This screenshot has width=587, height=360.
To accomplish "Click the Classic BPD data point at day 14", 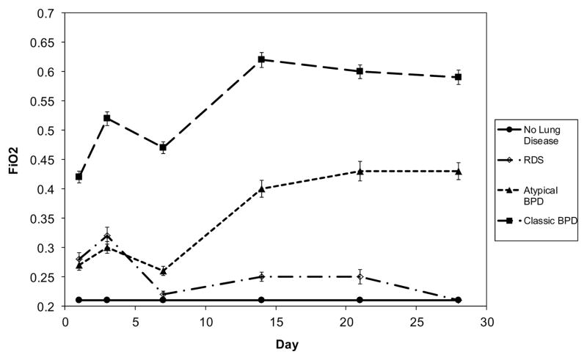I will click(x=261, y=59).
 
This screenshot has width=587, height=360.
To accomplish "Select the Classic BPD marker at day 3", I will click(x=107, y=118).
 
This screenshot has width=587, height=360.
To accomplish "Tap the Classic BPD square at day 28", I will click(x=458, y=77).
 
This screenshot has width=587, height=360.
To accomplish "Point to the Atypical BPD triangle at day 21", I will click(x=360, y=171).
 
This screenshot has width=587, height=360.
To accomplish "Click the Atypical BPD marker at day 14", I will click(x=261, y=188).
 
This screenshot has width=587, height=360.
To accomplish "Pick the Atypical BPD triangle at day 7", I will click(x=163, y=271).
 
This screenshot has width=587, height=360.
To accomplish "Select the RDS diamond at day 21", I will click(x=360, y=276).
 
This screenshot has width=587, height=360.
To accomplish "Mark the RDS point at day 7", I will click(x=163, y=294).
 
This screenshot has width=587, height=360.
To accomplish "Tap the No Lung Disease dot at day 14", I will click(x=261, y=300).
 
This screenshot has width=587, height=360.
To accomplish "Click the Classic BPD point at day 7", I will click(x=163, y=147).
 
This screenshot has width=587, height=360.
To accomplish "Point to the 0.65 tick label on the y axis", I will click(x=45, y=43).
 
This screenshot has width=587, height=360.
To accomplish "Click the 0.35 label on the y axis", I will click(x=45, y=248).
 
